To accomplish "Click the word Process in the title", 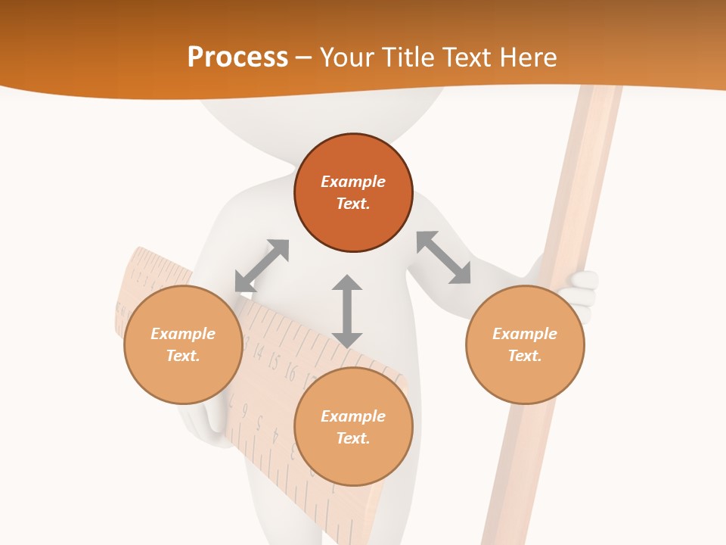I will pyautogui.click(x=237, y=57).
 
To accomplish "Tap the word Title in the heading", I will pyautogui.click(x=408, y=57).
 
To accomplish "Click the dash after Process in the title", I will pyautogui.click(x=303, y=58).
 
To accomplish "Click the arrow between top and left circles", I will pyautogui.click(x=262, y=266).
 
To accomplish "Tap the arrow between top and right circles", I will pyautogui.click(x=443, y=257).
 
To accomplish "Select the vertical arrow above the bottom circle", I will pyautogui.click(x=347, y=311).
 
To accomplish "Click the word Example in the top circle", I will pyautogui.click(x=353, y=182).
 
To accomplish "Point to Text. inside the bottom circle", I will pyautogui.click(x=353, y=438).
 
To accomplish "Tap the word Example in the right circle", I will pyautogui.click(x=525, y=334).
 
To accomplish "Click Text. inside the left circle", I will pyautogui.click(x=183, y=356).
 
